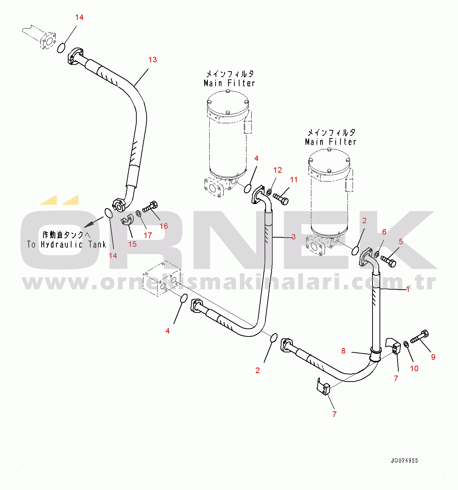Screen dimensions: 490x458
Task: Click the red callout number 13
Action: point(153,60)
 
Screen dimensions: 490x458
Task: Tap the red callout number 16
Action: point(164,226)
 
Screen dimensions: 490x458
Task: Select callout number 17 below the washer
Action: point(148,235)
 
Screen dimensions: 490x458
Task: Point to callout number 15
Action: point(132,244)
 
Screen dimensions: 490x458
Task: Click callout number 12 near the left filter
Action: point(277,170)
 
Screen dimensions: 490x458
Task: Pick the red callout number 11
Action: point(294,180)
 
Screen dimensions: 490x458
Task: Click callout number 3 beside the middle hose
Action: point(293,237)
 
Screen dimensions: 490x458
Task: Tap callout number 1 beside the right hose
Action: point(408,289)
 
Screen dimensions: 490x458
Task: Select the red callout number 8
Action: point(343,351)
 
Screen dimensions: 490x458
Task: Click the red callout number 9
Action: point(433,357)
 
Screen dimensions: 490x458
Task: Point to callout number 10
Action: point(414,368)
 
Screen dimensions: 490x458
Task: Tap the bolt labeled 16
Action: point(150,207)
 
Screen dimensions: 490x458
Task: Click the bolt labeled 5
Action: point(388,261)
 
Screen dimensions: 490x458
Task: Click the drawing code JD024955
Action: point(404,460)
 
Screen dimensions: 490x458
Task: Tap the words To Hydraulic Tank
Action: point(66,244)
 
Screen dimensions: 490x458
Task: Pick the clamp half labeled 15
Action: point(126,220)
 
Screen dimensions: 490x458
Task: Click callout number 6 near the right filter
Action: point(384,232)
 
